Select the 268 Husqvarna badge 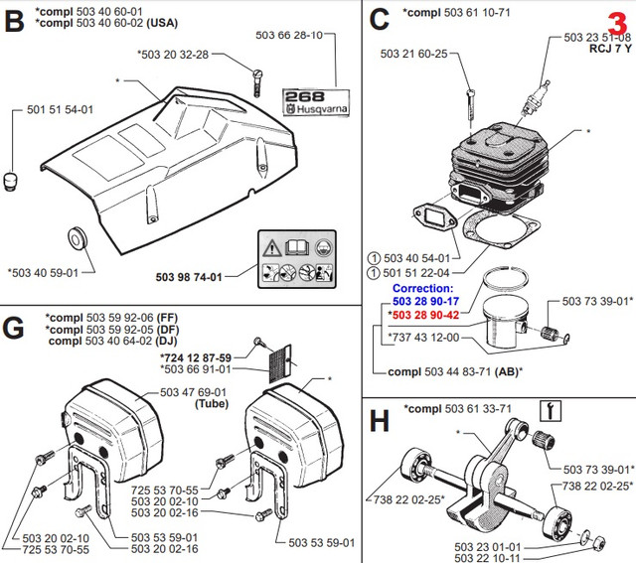(x=310, y=102)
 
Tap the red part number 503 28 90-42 (x=426, y=315)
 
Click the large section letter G (x=14, y=328)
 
